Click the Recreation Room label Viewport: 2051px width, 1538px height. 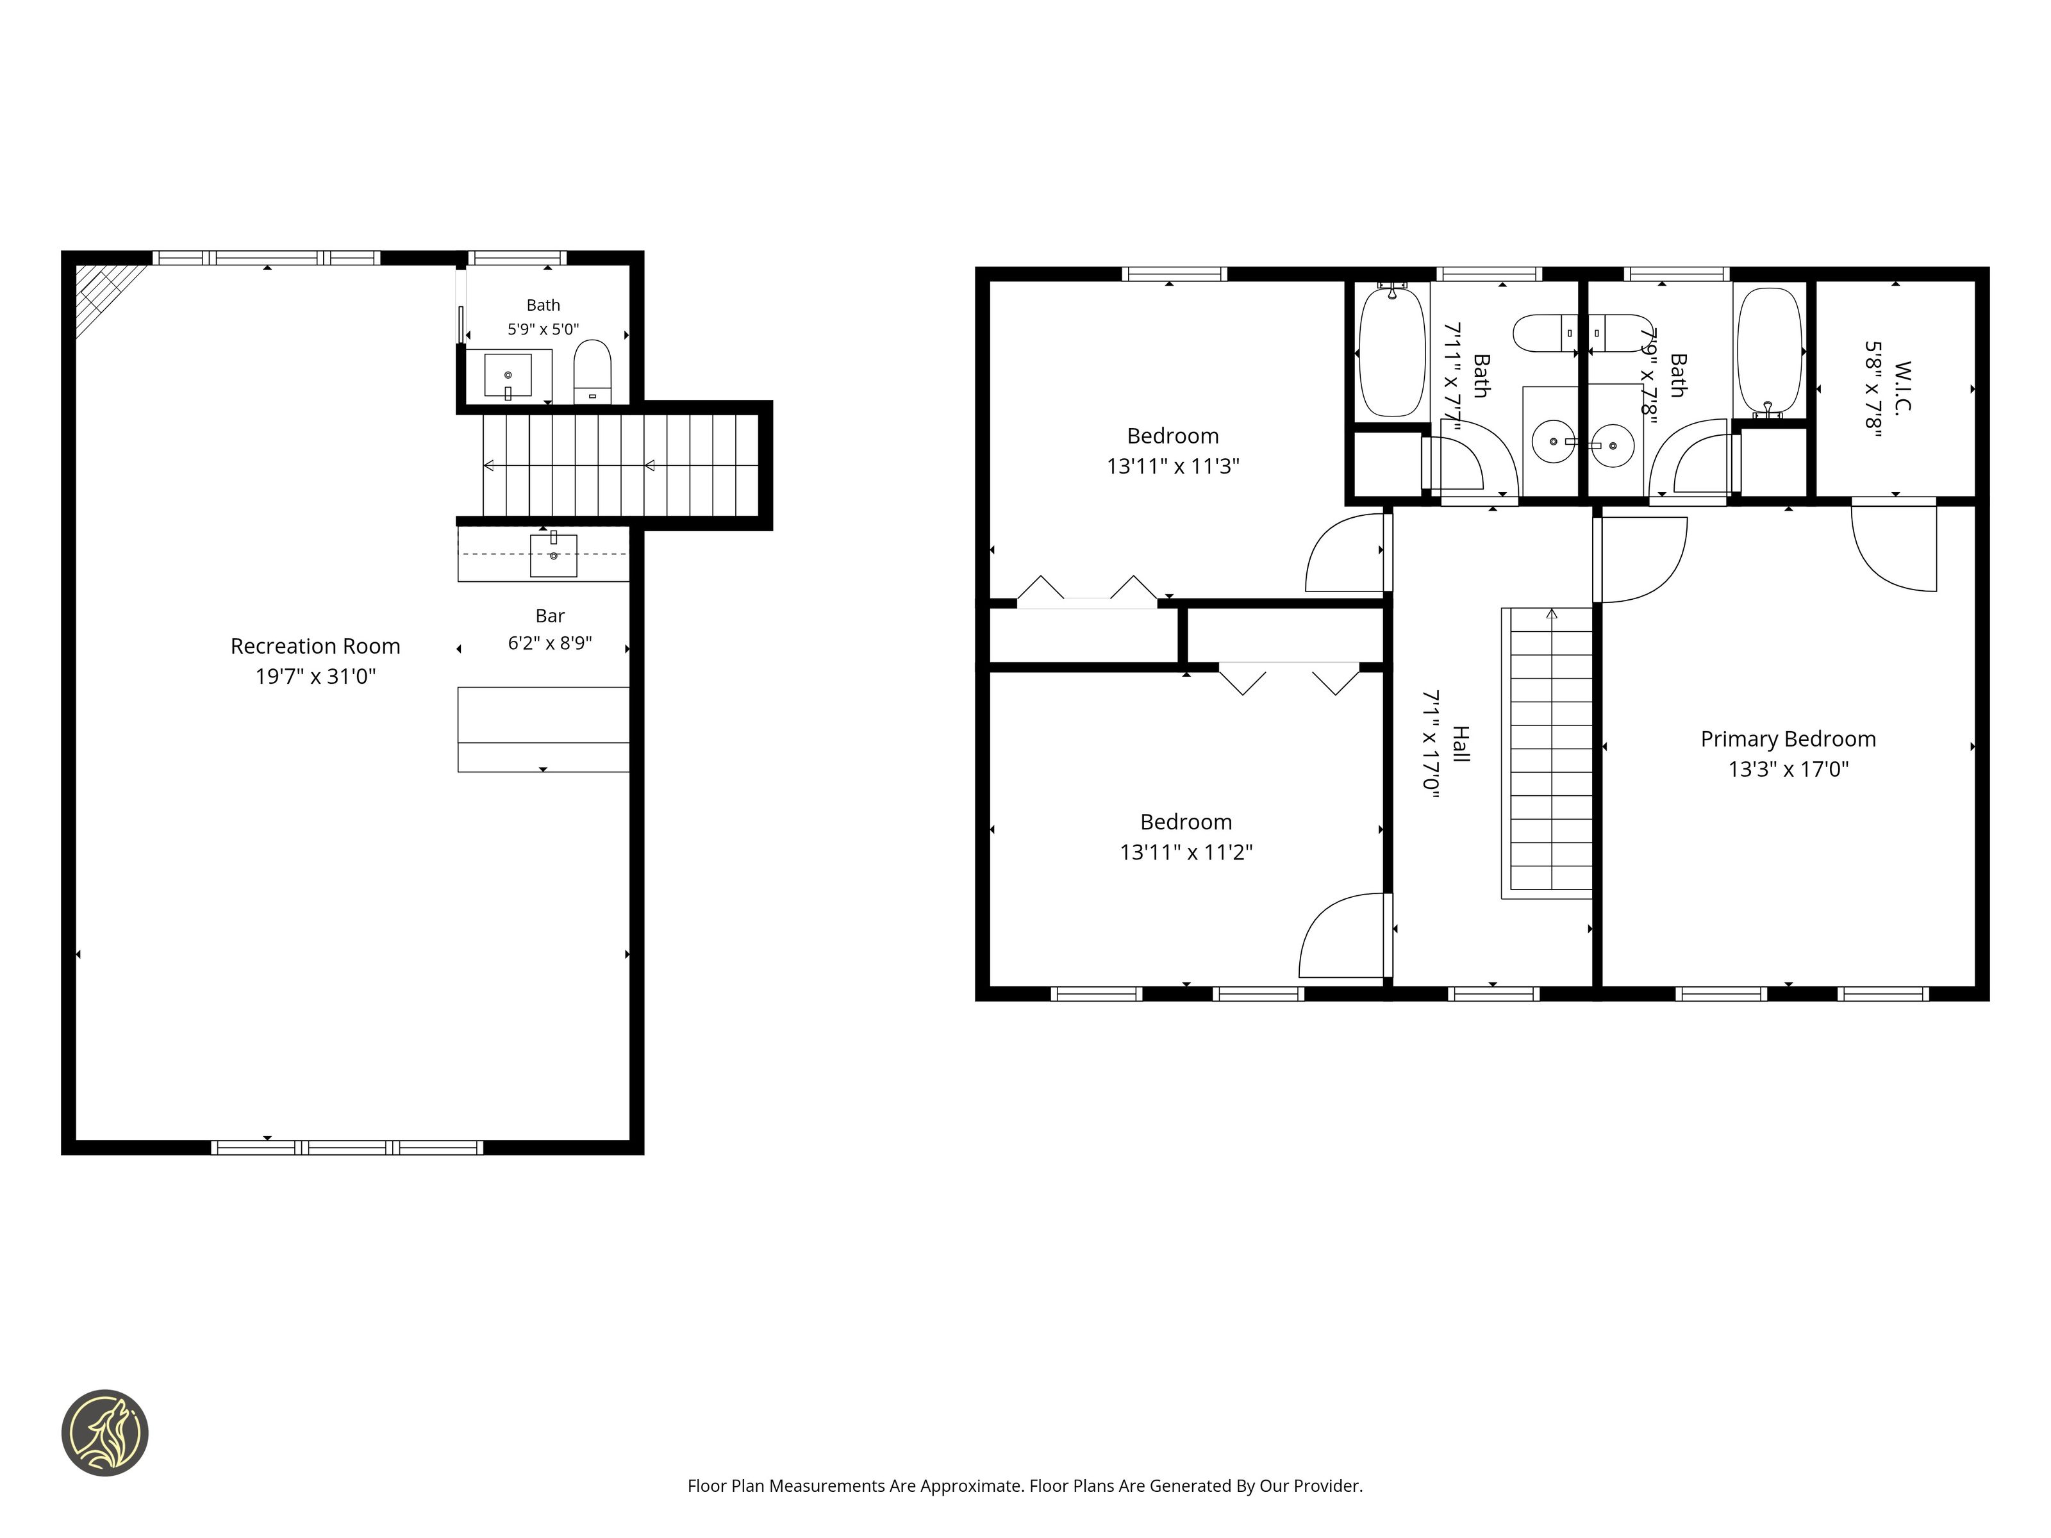point(315,646)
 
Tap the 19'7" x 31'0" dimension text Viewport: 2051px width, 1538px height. point(315,677)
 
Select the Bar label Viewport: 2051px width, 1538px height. point(550,616)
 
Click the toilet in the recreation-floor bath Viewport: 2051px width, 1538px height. point(592,372)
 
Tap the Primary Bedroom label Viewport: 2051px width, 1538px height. point(1788,739)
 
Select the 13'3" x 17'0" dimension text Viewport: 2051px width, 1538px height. point(1788,768)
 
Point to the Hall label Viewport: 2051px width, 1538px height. point(1460,745)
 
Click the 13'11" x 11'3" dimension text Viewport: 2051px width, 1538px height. point(1173,467)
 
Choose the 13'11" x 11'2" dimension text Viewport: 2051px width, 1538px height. point(1186,852)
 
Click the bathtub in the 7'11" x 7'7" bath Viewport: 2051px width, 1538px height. point(1391,352)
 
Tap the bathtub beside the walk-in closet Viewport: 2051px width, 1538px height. point(1769,352)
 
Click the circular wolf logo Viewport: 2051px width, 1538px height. point(104,1432)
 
